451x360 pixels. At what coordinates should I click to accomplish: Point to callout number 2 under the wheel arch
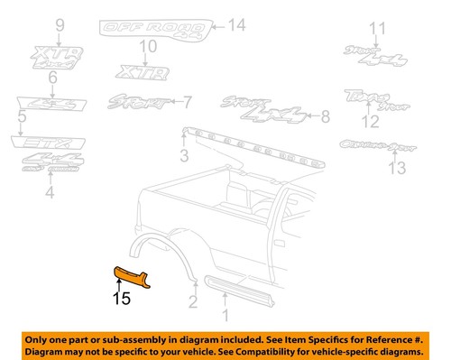point(193,302)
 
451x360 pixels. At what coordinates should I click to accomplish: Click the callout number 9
point(60,24)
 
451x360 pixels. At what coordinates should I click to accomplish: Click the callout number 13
point(391,169)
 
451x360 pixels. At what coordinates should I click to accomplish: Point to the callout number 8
point(325,115)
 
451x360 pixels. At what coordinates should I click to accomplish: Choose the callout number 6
point(52,78)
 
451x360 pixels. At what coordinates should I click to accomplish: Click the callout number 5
point(22,117)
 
